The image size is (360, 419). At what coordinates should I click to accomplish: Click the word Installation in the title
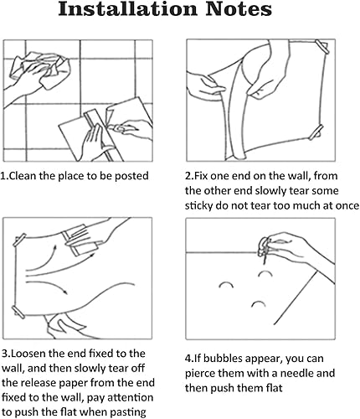[127, 9]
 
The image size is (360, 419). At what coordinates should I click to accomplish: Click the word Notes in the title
[239, 9]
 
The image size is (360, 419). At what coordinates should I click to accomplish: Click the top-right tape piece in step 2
[322, 47]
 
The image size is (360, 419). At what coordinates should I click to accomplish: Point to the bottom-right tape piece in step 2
[316, 132]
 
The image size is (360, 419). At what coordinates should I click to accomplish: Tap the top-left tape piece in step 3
[19, 240]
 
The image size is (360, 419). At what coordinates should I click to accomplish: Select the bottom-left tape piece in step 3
[18, 312]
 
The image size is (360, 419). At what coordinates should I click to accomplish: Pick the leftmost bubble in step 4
[226, 285]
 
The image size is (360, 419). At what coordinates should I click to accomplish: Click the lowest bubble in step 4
[259, 303]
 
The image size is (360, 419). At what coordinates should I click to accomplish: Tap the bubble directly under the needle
[265, 273]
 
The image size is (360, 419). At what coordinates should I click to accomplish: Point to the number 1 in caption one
[3, 176]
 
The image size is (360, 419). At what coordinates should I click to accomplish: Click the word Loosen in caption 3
[28, 354]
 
